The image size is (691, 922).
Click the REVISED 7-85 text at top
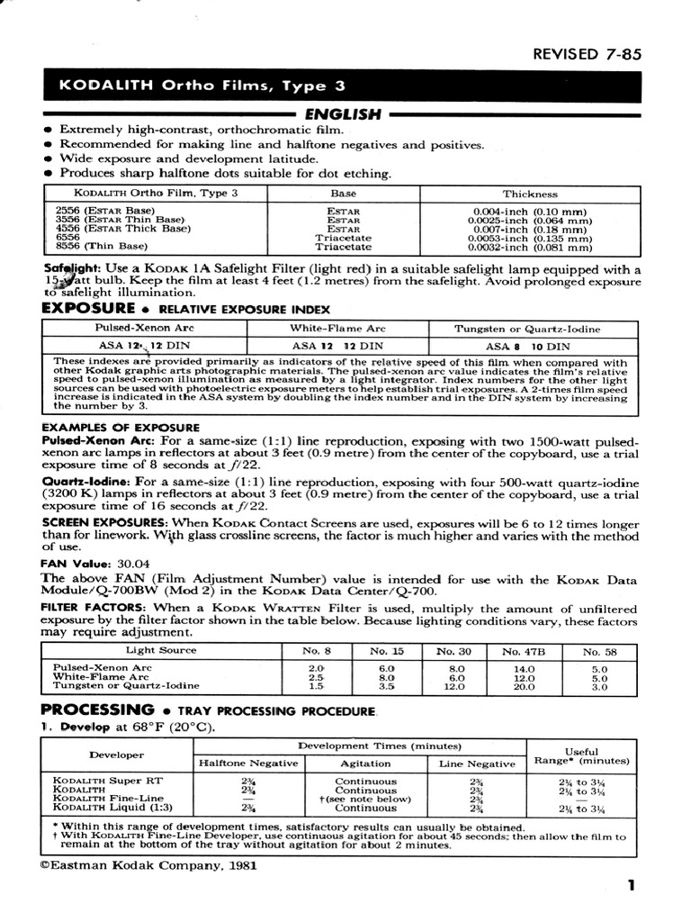coord(587,54)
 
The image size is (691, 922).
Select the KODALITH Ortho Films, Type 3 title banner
coord(202,86)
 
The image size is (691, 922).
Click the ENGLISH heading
coord(343,114)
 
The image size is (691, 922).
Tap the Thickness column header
coord(530,194)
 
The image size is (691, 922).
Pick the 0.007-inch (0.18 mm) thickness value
coord(530,230)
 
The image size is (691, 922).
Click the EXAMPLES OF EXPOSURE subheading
coord(108,427)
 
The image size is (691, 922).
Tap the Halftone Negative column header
coord(247,764)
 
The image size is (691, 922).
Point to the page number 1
coord(632,885)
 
